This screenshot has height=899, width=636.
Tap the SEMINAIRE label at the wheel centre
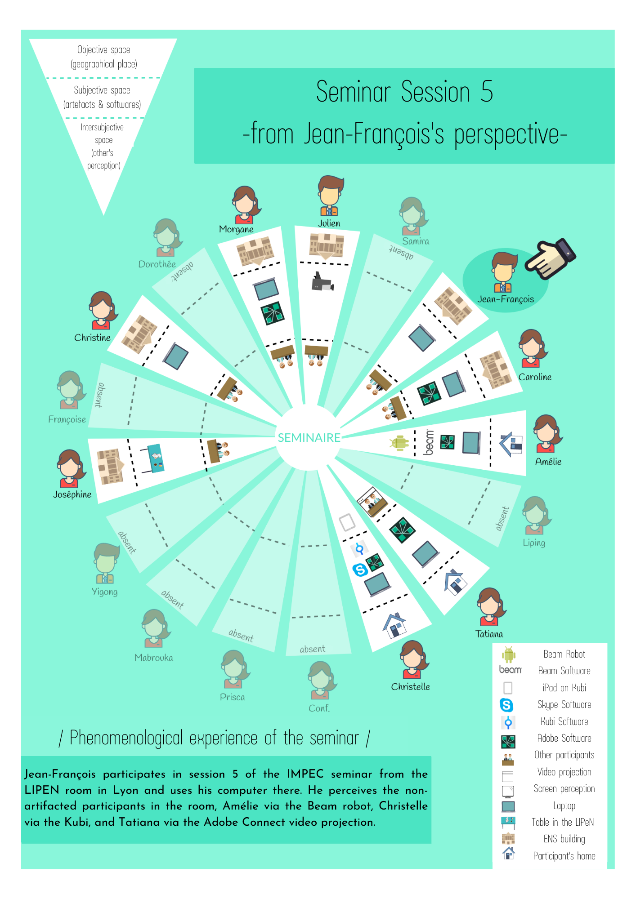309,438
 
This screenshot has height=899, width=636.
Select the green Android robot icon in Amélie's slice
399,443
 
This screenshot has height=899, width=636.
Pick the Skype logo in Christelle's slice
360,570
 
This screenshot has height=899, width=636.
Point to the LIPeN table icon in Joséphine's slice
153,458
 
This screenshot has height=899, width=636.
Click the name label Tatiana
489,634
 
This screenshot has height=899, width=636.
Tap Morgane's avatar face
245,203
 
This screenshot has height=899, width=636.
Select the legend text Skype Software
564,704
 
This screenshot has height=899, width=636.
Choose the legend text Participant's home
564,856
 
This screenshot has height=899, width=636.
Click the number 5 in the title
487,92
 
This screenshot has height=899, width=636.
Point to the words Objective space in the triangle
103,50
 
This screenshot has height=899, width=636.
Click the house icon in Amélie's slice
511,444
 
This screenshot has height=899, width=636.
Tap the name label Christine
92,338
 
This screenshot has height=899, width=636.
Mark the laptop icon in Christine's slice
175,356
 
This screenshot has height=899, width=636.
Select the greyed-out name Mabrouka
153,658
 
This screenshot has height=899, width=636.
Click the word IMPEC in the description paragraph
305,774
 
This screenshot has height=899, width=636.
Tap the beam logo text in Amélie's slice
429,442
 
